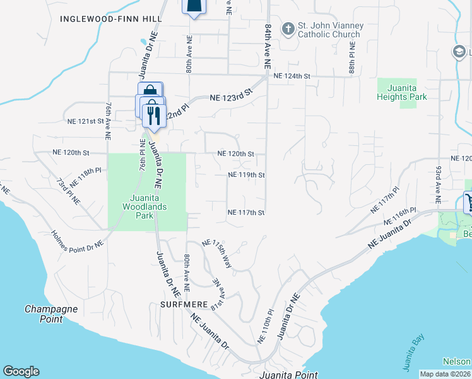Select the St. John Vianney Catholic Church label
(331, 30)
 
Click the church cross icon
(288, 28)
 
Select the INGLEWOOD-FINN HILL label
(107, 19)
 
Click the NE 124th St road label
(292, 76)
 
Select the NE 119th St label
(245, 175)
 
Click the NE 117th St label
(245, 213)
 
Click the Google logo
(21, 371)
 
